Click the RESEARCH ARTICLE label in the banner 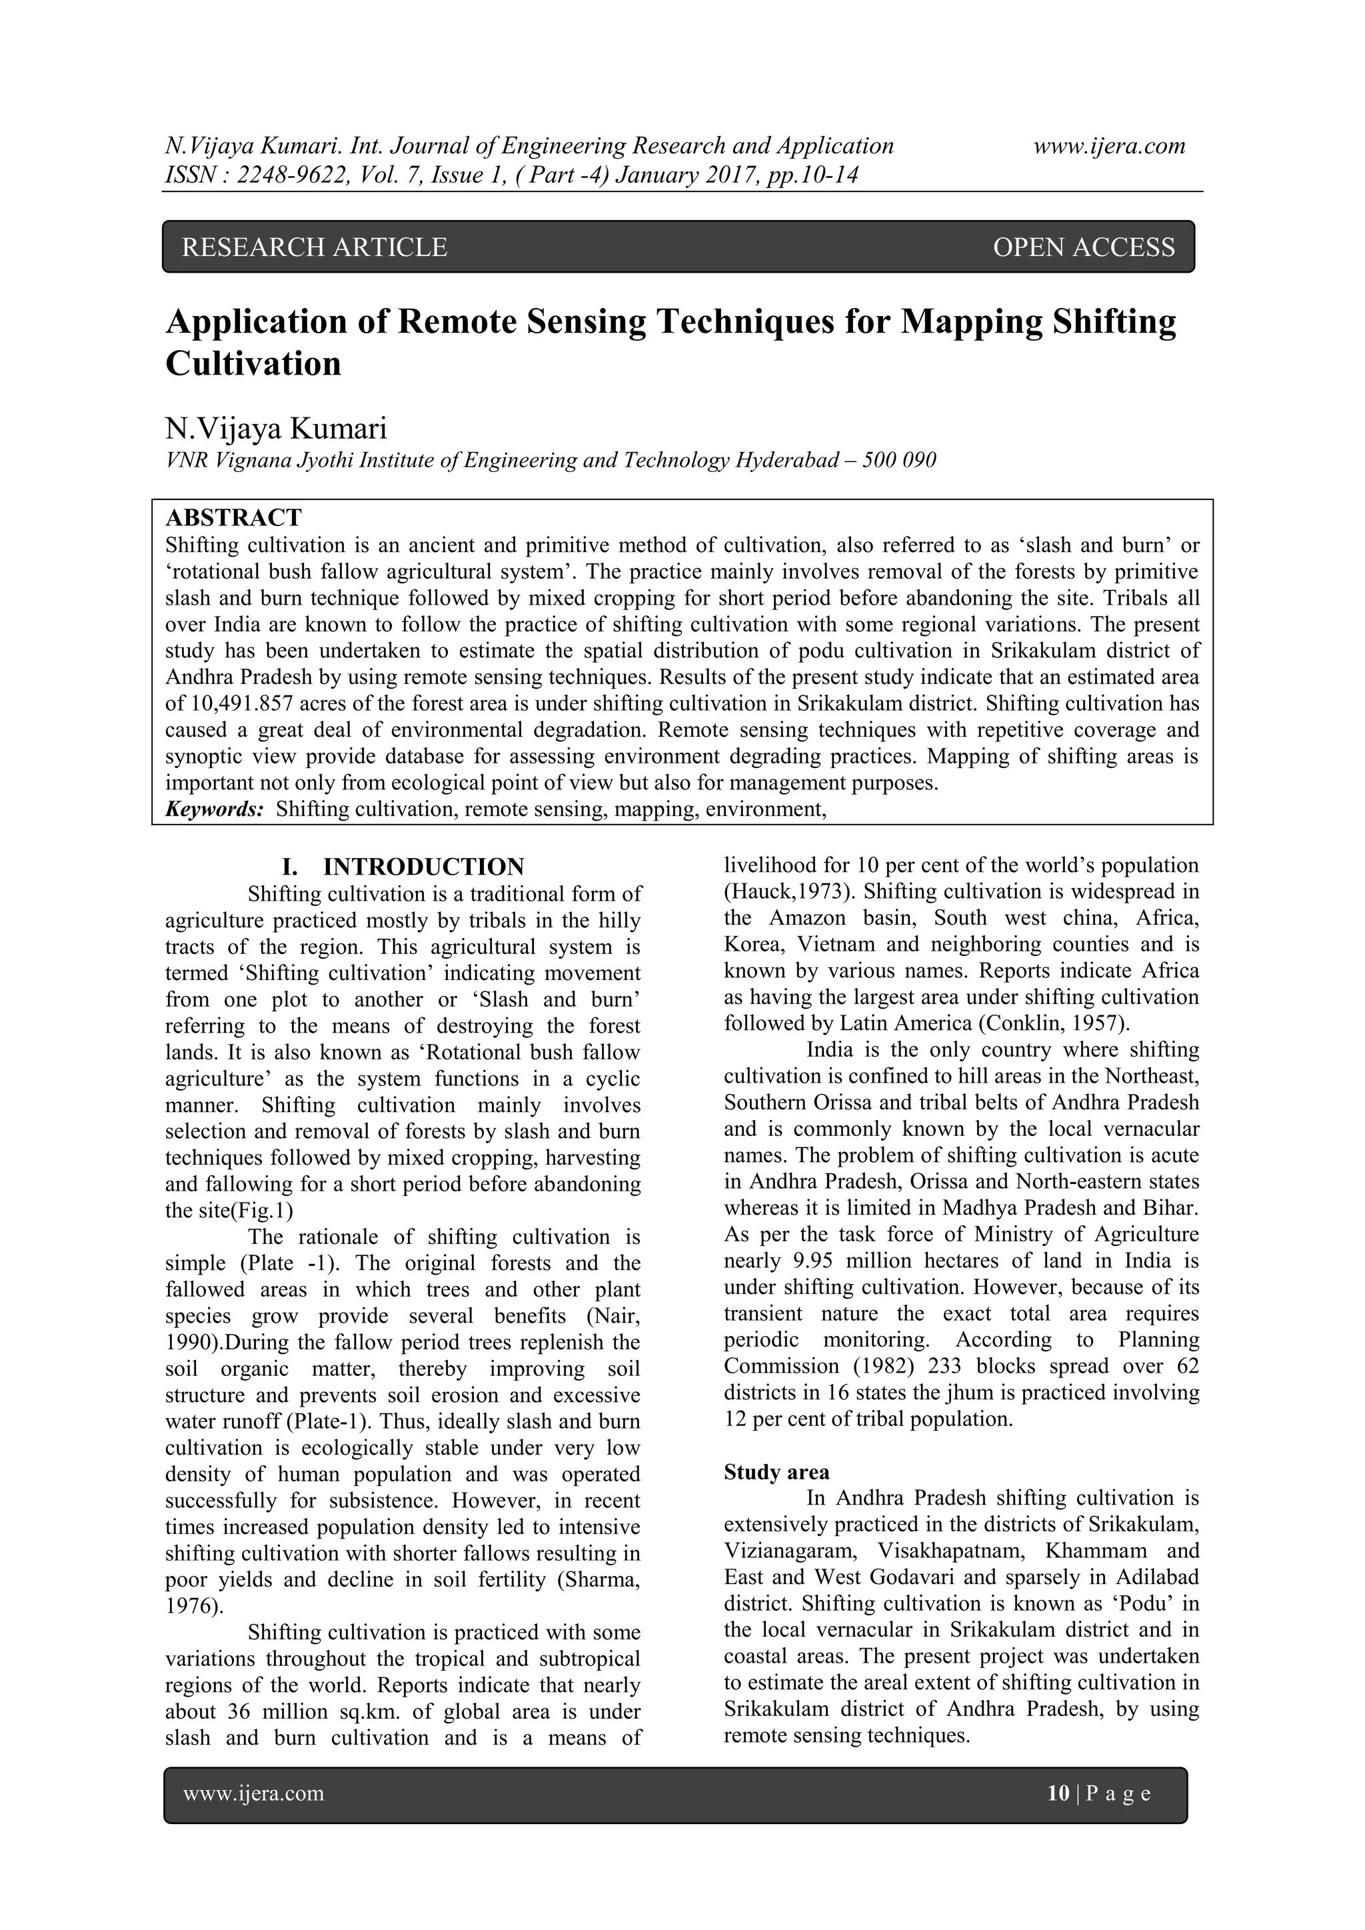(x=315, y=247)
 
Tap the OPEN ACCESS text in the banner (x=1084, y=247)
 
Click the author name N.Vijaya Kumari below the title (x=277, y=429)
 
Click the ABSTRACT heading (x=234, y=517)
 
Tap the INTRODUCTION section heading (x=423, y=867)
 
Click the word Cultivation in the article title (x=254, y=363)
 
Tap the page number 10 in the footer (x=1057, y=1794)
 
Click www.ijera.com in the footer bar (x=254, y=1794)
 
